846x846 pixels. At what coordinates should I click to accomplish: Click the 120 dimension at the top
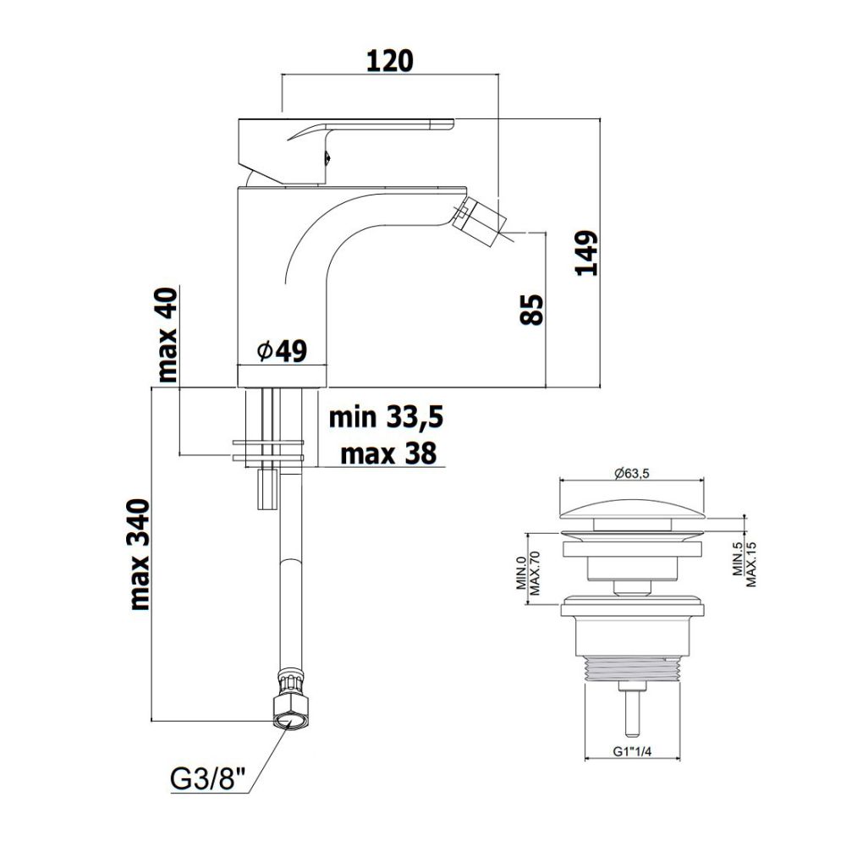389,61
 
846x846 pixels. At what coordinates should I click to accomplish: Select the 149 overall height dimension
587,254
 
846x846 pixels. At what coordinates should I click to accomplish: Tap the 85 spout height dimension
532,309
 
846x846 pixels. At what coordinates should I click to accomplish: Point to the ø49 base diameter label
283,351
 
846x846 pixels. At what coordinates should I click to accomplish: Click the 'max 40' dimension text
167,335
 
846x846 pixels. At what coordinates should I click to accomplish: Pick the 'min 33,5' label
386,418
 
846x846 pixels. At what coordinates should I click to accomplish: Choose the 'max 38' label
388,453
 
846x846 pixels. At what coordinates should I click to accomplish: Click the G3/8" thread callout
208,780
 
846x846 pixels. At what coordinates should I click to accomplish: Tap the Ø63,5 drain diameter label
632,473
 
